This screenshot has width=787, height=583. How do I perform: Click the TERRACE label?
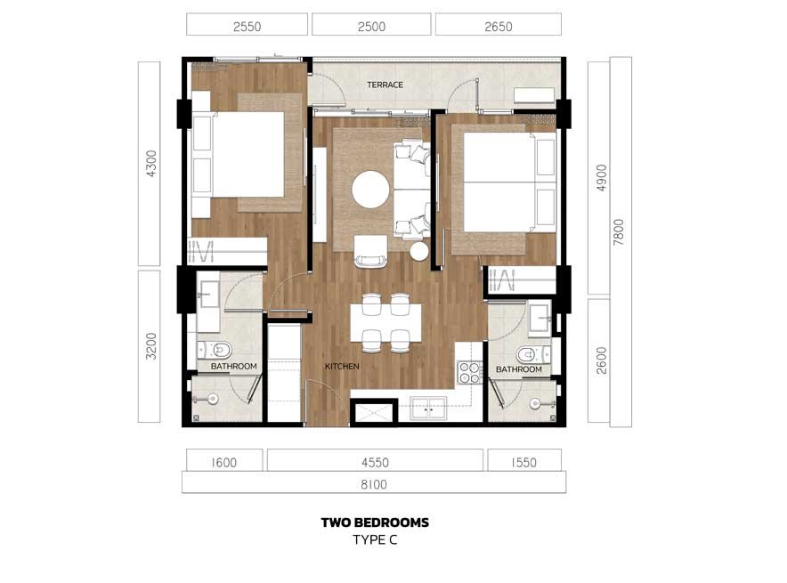pos(385,85)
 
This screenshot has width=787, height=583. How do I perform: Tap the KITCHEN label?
pos(342,366)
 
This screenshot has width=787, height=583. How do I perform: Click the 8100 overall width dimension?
pos(374,484)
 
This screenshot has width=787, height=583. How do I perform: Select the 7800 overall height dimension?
pos(619,231)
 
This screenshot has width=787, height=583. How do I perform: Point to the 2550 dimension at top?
pos(247,27)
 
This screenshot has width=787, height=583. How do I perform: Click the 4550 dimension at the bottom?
pos(375,462)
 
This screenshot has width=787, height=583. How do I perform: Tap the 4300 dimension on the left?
pos(151,164)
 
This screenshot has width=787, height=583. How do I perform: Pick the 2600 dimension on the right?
pos(601,360)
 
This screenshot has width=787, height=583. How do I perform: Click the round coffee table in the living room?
pos(370,190)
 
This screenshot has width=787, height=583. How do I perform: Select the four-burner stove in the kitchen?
pos(470,372)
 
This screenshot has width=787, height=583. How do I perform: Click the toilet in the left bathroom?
pos(215,350)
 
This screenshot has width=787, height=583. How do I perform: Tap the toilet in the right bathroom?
pos(533,355)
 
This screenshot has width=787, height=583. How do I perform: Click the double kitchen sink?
pos(428,408)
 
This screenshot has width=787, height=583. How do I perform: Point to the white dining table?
pos(385,322)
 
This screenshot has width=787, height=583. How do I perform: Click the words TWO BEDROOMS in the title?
pos(375,522)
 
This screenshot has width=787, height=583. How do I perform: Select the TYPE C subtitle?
pos(375,540)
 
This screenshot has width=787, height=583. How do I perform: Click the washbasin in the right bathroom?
pos(540,318)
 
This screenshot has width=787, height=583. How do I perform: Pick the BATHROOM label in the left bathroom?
pos(234,366)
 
